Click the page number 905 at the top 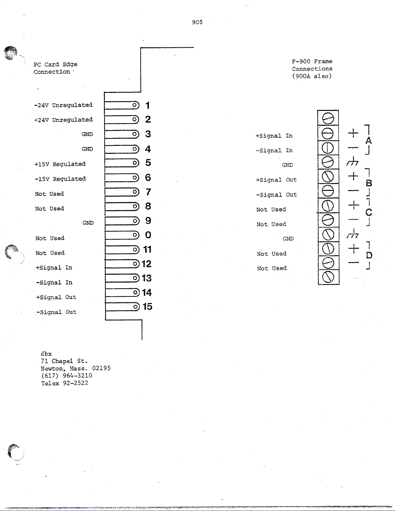pyautogui.click(x=197, y=22)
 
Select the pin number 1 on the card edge pyautogui.click(x=147, y=105)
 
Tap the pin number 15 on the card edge pyautogui.click(x=147, y=307)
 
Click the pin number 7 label pyautogui.click(x=148, y=192)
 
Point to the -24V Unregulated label pyautogui.click(x=63, y=105)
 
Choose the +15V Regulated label pyautogui.click(x=60, y=164)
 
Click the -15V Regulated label pyautogui.click(x=60, y=179)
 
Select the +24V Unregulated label pyautogui.click(x=63, y=120)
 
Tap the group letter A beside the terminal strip pyautogui.click(x=369, y=141)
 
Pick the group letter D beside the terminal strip pyautogui.click(x=369, y=256)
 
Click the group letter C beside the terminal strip pyautogui.click(x=369, y=212)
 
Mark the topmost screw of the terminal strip pyautogui.click(x=328, y=119)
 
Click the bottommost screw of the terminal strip pyautogui.click(x=328, y=277)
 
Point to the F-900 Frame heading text pyautogui.click(x=312, y=61)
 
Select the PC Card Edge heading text pyautogui.click(x=55, y=64)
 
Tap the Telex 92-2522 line pyautogui.click(x=64, y=383)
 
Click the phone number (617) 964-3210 pyautogui.click(x=66, y=376)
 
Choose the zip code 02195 pyautogui.click(x=101, y=368)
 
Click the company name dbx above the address pyautogui.click(x=46, y=354)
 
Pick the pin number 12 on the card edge pyautogui.click(x=146, y=264)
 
